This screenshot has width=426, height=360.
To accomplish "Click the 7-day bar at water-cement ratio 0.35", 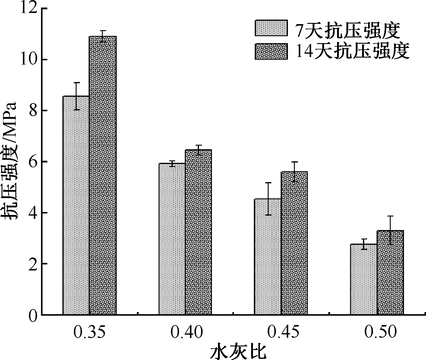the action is pos(76,205).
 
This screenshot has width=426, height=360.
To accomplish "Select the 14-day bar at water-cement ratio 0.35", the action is pos(103,175).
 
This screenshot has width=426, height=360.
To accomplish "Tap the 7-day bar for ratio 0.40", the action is pos(172,239).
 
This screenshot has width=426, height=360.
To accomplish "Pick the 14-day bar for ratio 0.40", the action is pos(198,232).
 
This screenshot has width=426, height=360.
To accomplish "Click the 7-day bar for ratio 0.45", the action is pos(267,257).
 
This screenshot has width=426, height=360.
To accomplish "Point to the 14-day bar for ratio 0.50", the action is pos(390,273).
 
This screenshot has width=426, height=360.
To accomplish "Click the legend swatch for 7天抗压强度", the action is pos(271,28).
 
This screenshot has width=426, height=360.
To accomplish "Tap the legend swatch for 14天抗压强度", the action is pos(271,51).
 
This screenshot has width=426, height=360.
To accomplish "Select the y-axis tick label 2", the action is pos(33,264).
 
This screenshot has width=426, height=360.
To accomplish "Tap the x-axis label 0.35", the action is pos(89,332).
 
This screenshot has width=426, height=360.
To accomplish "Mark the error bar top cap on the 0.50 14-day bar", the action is pos(390,216).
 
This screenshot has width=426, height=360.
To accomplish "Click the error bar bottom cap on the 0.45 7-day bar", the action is pos(268,215).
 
